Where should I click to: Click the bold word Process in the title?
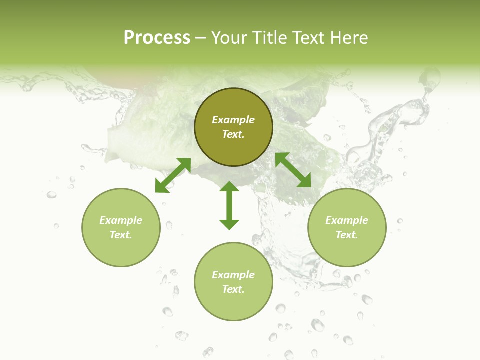coord(157,38)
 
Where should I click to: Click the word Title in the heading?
coord(269,38)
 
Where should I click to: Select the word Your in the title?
coord(229,38)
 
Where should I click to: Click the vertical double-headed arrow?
coord(229,205)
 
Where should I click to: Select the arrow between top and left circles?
coord(173,175)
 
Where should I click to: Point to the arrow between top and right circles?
coord(293,170)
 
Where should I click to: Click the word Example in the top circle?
coord(233,120)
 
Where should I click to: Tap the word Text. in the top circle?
coord(233,134)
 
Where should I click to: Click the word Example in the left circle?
coord(121,220)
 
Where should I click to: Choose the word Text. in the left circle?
coord(121,235)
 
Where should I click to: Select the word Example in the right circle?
coord(347,220)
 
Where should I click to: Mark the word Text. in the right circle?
coord(347,235)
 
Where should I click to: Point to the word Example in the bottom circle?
coord(233,275)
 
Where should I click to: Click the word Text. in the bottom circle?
coord(233,289)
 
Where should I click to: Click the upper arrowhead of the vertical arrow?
coord(229,187)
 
